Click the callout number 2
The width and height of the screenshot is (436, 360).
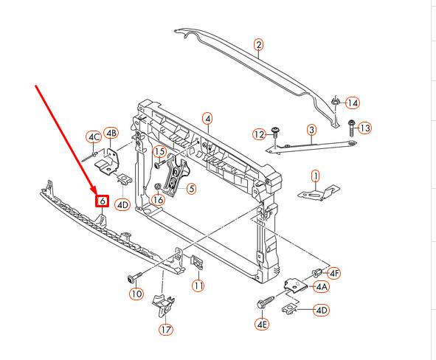pos(259,45)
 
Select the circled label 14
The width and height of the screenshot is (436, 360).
pos(353,103)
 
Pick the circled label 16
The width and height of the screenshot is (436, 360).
pos(158,200)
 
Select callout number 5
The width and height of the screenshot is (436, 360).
pos(190,189)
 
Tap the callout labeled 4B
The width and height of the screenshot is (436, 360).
pos(111,133)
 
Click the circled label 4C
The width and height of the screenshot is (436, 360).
pos(93,136)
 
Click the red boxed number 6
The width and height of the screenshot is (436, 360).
pos(102,201)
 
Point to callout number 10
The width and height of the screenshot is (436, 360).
pos(136,294)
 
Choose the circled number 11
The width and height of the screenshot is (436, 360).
pos(198,285)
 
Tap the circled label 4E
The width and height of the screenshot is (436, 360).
pos(262,324)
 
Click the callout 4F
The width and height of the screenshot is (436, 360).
pos(334,273)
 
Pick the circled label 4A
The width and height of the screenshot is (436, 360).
pos(322,286)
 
